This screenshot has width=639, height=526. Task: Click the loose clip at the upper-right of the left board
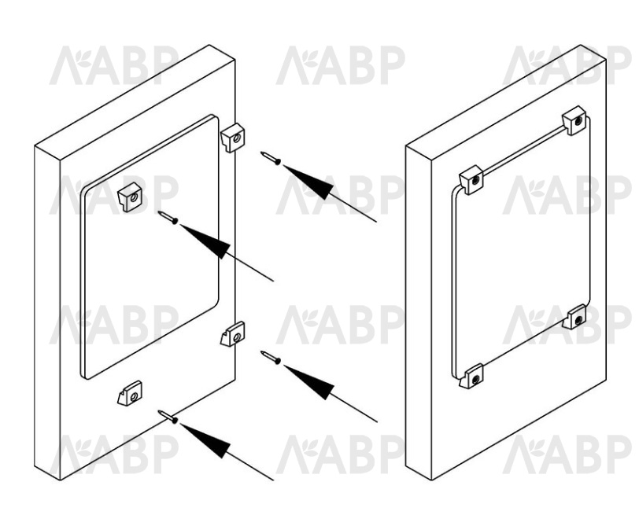coord(233,138)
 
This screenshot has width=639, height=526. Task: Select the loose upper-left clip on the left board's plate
coord(130,197)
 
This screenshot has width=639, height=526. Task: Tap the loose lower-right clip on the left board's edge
coord(233,334)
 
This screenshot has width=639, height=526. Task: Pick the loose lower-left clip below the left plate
coord(130,393)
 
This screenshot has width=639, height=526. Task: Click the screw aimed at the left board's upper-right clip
coord(271,158)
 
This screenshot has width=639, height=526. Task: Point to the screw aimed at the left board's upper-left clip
coord(168,217)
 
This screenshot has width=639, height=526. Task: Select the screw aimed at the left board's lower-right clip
coord(271,358)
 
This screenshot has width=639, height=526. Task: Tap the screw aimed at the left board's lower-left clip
coord(168,417)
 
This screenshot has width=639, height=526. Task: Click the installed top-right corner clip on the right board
coord(574,120)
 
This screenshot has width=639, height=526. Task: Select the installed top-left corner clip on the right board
coord(471,179)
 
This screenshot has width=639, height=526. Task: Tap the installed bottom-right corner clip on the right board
coord(574,317)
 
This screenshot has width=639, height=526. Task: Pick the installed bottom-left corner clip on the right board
coord(471,376)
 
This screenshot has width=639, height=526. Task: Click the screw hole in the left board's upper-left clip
coord(133,198)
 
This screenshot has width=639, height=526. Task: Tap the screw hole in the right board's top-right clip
coord(578,120)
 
